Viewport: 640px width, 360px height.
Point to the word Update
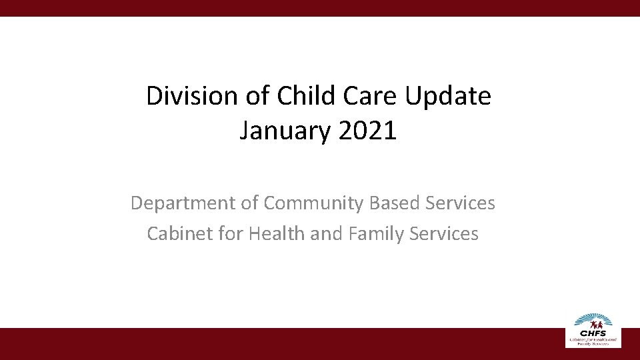[x=447, y=97]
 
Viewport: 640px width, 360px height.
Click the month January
[x=285, y=131]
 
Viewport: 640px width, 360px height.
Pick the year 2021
[x=367, y=131]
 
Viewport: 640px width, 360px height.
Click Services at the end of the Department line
[x=460, y=203]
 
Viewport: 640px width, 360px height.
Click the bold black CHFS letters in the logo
[x=593, y=333]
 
